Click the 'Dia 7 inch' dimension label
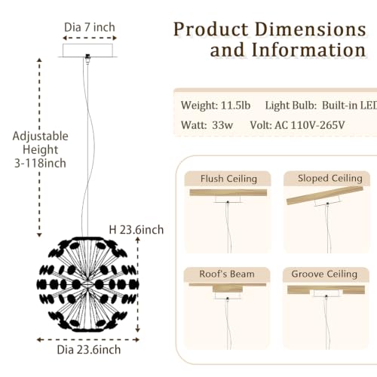[90, 27]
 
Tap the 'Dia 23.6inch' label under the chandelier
[89, 350]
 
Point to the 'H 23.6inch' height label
[136, 230]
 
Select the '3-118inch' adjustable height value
[40, 163]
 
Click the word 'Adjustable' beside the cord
[41, 136]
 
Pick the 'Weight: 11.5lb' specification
[216, 106]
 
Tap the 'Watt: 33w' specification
[207, 125]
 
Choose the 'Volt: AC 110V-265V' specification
[297, 125]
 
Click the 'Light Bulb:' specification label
[291, 106]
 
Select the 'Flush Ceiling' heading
[228, 179]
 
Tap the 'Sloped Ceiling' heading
[330, 179]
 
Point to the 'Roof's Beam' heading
[227, 274]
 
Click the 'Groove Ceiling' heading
[324, 274]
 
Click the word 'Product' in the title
[211, 29]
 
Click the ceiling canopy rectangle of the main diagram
[87, 51]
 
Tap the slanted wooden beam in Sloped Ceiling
[325, 195]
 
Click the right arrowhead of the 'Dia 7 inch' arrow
[115, 38]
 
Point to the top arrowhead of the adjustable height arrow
[39, 60]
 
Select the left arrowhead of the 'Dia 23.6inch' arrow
[39, 340]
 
